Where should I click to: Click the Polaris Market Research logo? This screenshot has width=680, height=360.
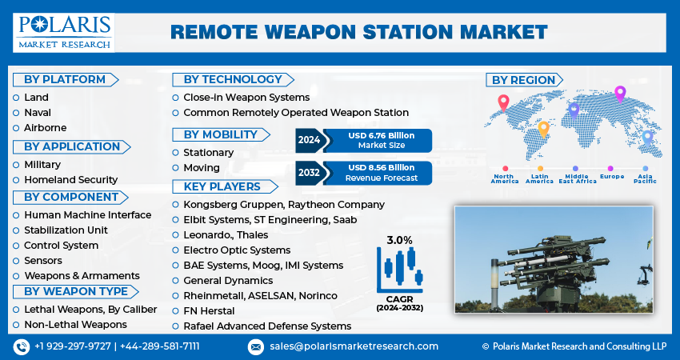pyautogui.click(x=64, y=32)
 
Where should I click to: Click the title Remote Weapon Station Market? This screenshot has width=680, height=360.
pyautogui.click(x=358, y=32)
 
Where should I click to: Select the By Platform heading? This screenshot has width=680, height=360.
pyautogui.click(x=65, y=79)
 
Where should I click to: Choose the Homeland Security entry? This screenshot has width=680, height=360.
pyautogui.click(x=70, y=180)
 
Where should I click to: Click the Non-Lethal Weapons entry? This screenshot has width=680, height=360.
pyautogui.click(x=75, y=324)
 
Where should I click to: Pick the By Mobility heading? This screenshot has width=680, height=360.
pyautogui.click(x=220, y=134)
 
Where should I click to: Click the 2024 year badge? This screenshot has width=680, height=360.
pyautogui.click(x=309, y=140)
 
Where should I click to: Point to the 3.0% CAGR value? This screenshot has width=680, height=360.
pyautogui.click(x=400, y=240)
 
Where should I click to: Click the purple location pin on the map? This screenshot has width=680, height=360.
pyautogui.click(x=619, y=94)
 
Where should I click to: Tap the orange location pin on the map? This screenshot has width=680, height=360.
pyautogui.click(x=543, y=128)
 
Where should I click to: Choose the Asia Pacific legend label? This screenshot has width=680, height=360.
pyautogui.click(x=646, y=178)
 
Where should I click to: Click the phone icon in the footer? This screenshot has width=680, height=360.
pyautogui.click(x=22, y=346)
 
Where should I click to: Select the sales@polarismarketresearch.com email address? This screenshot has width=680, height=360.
pyautogui.click(x=353, y=346)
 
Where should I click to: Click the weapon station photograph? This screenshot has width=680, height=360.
pyautogui.click(x=554, y=258)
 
